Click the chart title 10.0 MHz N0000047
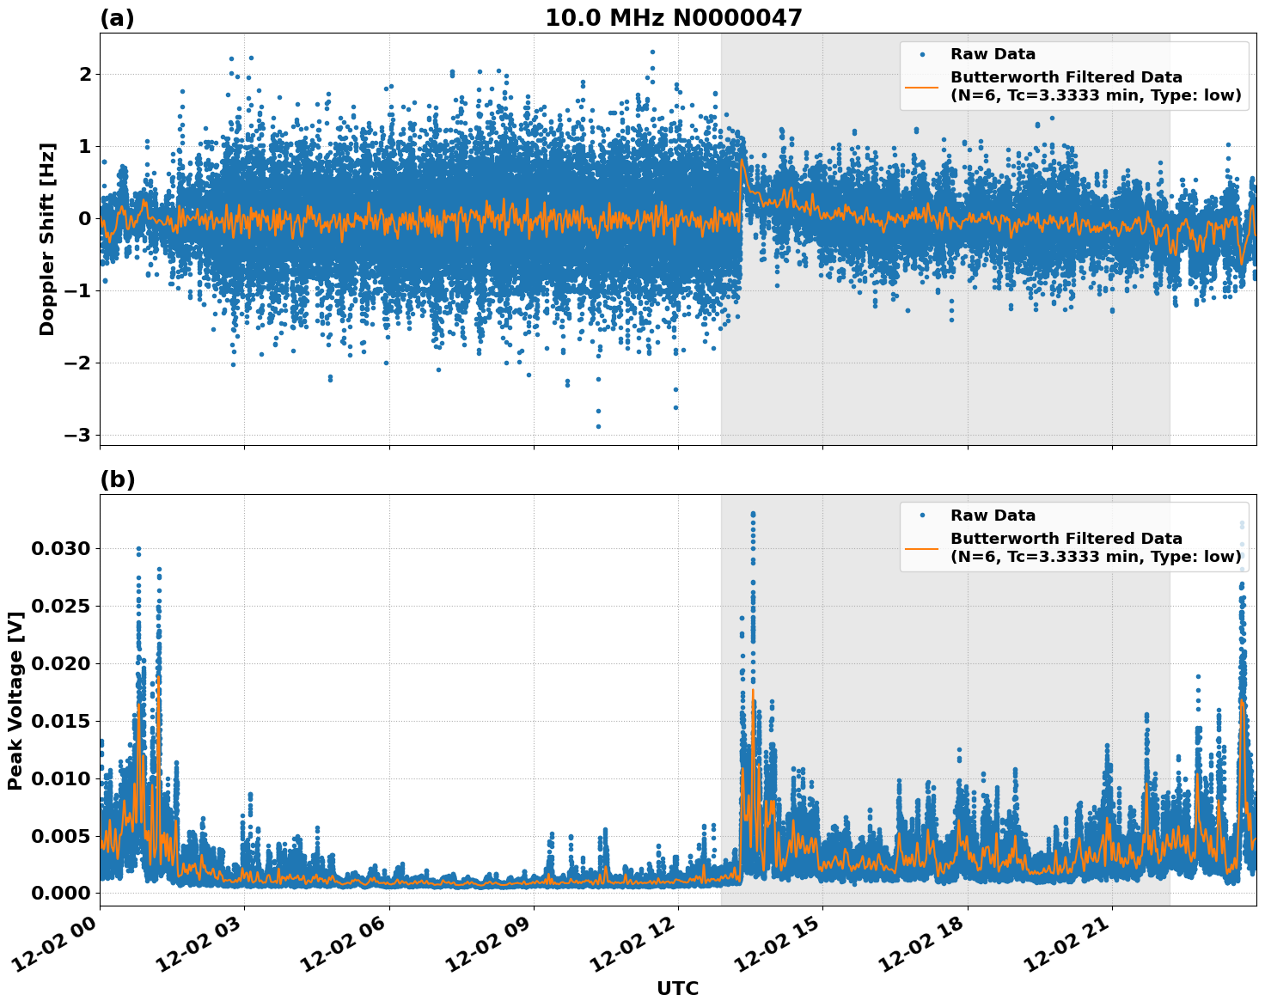point(673,18)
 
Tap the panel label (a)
point(117,18)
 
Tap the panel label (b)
point(117,479)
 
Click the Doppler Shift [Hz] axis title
point(47,239)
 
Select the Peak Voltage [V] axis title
point(15,700)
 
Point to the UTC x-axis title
point(677,988)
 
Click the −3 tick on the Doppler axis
point(77,435)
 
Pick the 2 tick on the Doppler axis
point(85,75)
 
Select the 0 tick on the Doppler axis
point(85,218)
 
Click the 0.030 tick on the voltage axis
point(60,548)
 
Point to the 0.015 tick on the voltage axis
point(60,721)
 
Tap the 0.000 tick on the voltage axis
point(60,894)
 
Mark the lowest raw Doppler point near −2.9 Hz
point(598,426)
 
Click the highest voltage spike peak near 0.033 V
point(753,514)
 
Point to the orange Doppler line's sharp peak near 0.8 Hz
point(742,160)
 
